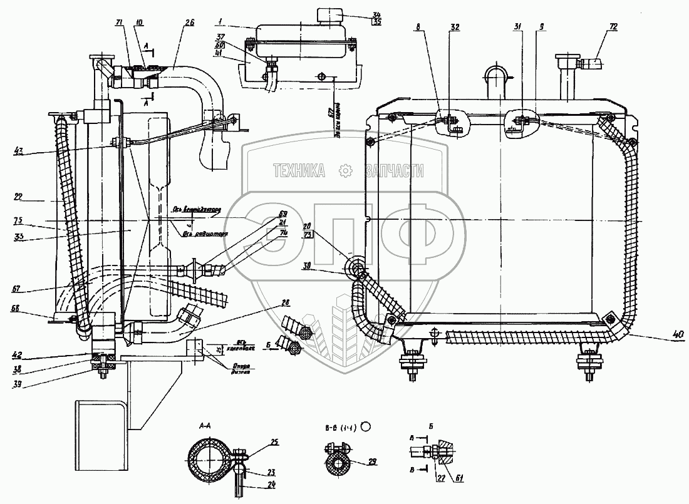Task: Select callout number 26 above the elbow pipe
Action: tap(189, 23)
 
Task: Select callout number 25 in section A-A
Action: tap(274, 443)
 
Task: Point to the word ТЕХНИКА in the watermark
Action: tap(298, 170)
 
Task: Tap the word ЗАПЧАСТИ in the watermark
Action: tap(393, 170)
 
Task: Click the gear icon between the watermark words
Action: tap(344, 170)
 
